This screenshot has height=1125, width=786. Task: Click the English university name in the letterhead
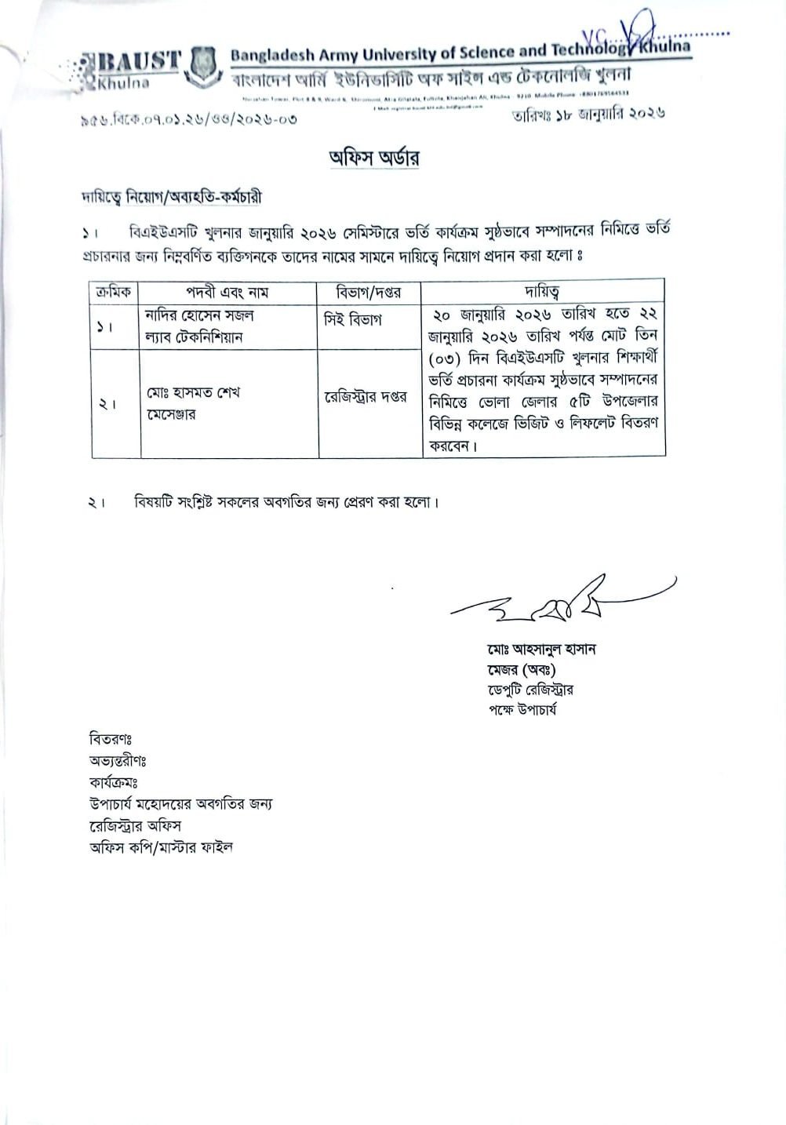click(x=460, y=53)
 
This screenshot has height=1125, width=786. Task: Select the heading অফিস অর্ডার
click(x=374, y=157)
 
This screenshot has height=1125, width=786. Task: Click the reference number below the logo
click(x=188, y=121)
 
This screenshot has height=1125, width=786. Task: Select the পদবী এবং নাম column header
click(x=227, y=292)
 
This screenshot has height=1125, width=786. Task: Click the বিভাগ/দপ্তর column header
click(x=368, y=292)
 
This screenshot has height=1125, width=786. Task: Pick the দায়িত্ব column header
click(x=542, y=291)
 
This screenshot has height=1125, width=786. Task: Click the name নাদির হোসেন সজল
click(x=199, y=315)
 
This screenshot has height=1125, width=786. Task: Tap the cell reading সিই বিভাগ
click(x=352, y=320)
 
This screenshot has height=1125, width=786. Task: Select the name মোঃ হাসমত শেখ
click(x=193, y=392)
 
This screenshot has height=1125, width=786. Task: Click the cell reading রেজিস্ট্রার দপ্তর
click(x=366, y=397)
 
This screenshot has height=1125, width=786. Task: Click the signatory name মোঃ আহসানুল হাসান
click(x=540, y=650)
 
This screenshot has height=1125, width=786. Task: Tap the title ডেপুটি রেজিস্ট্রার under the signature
click(x=529, y=690)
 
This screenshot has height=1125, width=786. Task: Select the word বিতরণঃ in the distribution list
click(x=111, y=739)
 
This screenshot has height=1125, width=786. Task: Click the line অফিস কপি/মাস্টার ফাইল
click(x=161, y=847)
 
